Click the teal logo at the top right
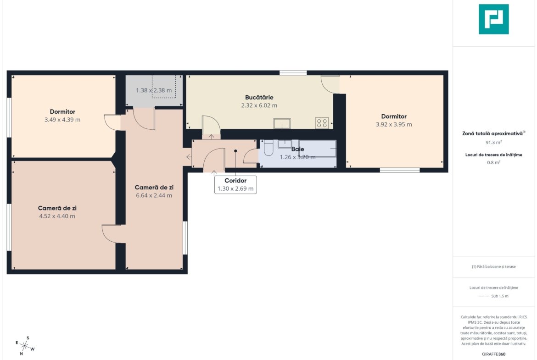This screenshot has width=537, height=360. [x=493, y=19]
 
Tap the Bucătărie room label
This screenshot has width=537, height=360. [x=259, y=98]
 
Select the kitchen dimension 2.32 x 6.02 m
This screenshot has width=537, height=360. [x=259, y=105]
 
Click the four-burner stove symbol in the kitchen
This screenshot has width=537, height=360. [x=322, y=123]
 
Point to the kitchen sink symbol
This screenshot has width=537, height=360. [x=282, y=123]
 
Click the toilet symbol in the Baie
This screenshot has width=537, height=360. [x=269, y=148]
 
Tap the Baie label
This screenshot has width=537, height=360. [x=297, y=149]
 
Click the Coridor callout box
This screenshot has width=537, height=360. [x=235, y=185]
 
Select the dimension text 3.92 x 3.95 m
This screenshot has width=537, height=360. [x=394, y=125]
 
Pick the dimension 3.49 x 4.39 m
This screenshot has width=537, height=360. [x=62, y=120]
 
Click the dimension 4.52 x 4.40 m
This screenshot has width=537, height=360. [x=57, y=216]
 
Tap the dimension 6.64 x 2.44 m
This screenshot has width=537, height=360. [x=154, y=195]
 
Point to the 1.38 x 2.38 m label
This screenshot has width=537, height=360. [x=154, y=90]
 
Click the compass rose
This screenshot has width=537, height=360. [x=25, y=346]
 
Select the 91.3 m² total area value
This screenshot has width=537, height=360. [x=493, y=142]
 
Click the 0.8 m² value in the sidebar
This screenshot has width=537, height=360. [x=493, y=162]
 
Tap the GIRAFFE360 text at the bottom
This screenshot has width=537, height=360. [x=493, y=354]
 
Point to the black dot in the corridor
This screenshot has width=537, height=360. [x=235, y=151]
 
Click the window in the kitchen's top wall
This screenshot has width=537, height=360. [x=293, y=72]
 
